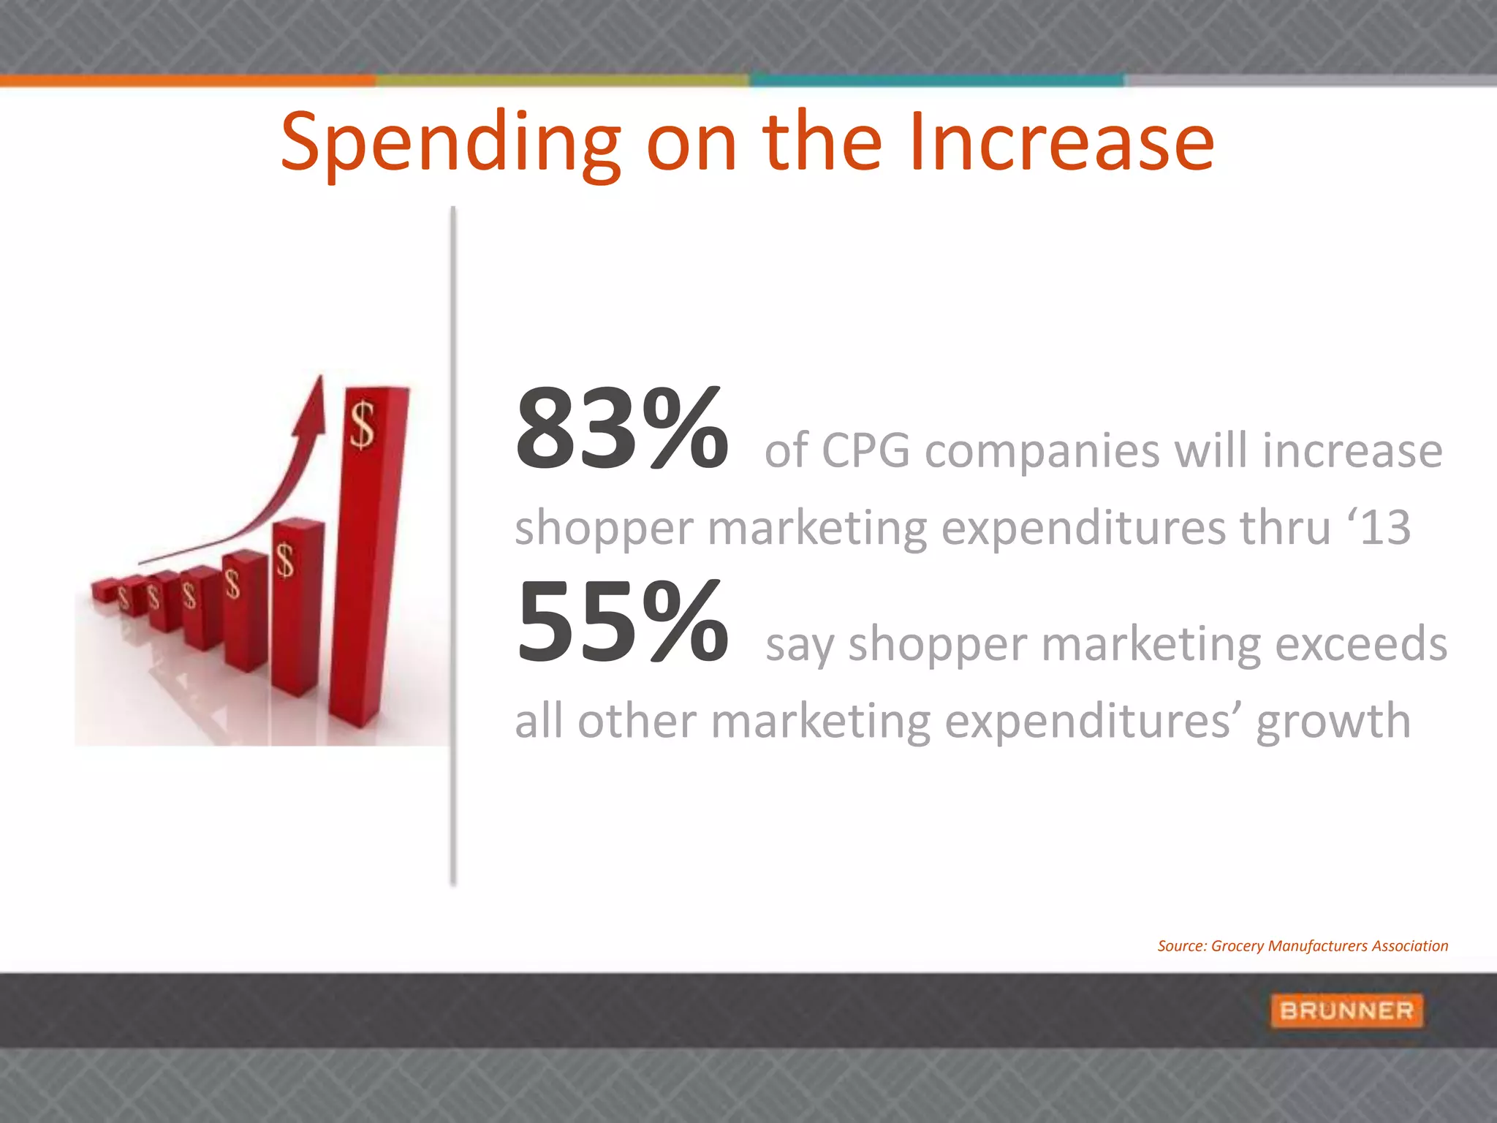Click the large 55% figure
(621, 623)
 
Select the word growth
(1333, 722)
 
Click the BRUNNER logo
(1346, 1010)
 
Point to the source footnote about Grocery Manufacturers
(1302, 946)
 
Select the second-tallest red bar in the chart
(297, 607)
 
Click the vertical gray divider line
(453, 548)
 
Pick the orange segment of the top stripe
(187, 80)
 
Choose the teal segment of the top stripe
(936, 80)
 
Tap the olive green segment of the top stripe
(561, 80)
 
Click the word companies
(1042, 451)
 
